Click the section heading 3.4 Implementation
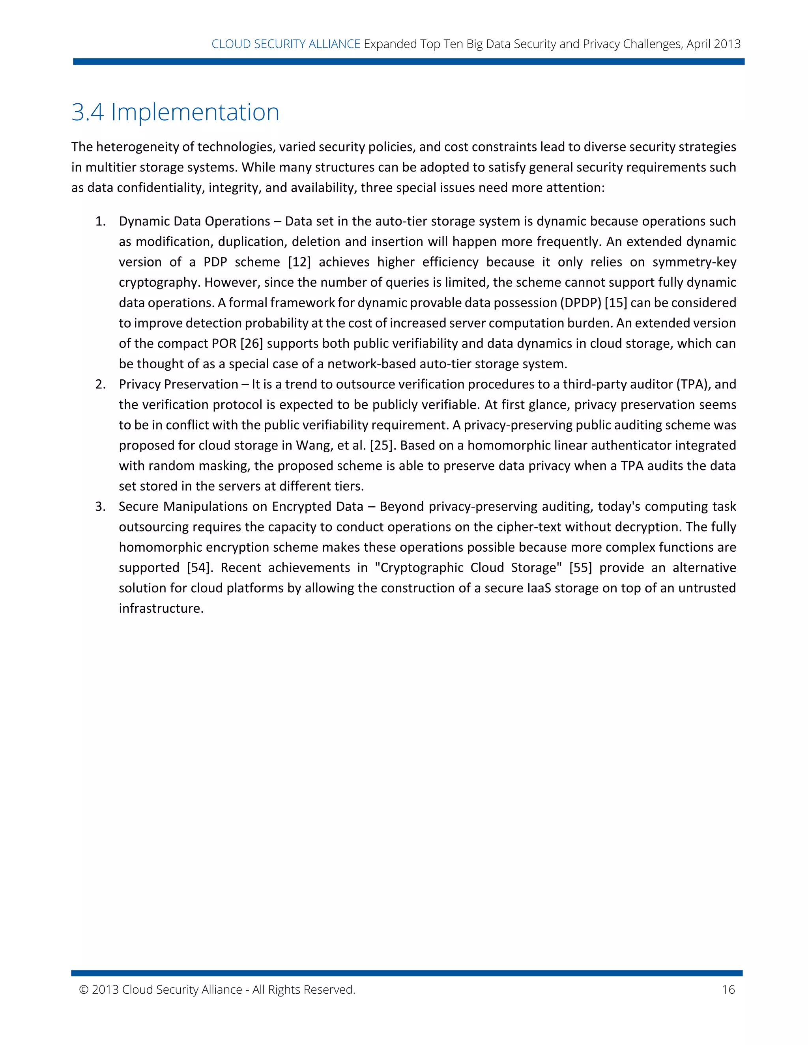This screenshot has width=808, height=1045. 175,112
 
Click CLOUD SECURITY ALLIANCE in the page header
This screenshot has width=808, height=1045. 286,44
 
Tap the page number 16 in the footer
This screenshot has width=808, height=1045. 728,989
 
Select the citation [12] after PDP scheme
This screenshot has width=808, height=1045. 299,262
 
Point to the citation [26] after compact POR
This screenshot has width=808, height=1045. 252,343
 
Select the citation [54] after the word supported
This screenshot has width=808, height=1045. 200,568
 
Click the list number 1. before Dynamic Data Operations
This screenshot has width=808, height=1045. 100,222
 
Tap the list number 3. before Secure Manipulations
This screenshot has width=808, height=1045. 100,507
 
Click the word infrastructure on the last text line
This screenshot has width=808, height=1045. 161,608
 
